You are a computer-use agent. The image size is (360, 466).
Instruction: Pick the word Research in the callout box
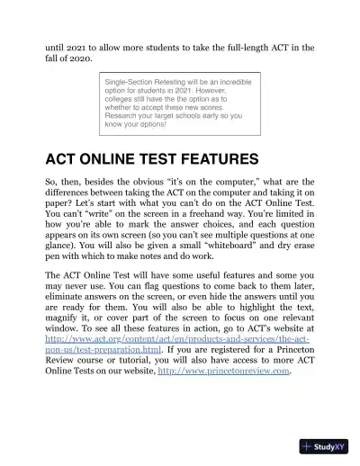(x=123, y=116)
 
